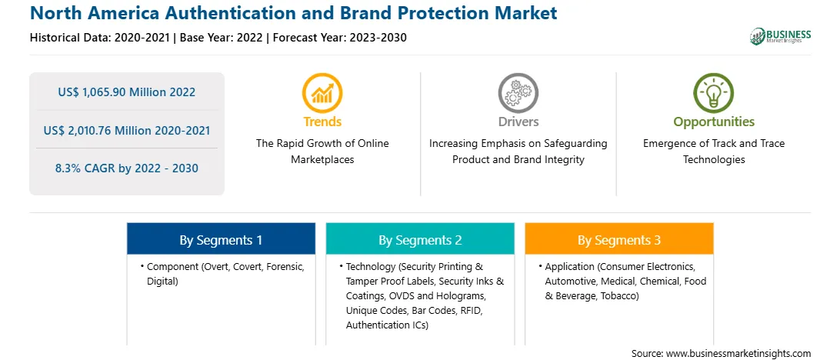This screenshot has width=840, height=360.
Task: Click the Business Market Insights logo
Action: click(781, 36)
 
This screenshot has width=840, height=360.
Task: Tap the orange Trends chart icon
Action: click(322, 92)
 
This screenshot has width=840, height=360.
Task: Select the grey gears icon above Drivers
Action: click(518, 92)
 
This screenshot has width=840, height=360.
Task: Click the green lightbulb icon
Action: click(714, 92)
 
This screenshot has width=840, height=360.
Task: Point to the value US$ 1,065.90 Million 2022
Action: click(126, 92)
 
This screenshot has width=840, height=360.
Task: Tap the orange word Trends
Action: click(322, 122)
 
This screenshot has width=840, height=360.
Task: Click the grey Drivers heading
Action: click(518, 122)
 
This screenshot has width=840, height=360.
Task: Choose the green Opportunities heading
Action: click(714, 122)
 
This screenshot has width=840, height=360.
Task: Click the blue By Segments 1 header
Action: click(222, 240)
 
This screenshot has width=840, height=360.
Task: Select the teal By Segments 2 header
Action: click(420, 240)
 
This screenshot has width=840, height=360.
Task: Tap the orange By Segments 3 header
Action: click(619, 240)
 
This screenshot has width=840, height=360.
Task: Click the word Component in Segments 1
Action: click(172, 266)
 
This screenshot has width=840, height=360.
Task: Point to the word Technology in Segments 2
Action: click(370, 266)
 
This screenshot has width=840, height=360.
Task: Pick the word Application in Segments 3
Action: click(569, 266)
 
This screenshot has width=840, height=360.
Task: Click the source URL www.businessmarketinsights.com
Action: click(738, 354)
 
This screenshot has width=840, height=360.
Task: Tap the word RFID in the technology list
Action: click(476, 310)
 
